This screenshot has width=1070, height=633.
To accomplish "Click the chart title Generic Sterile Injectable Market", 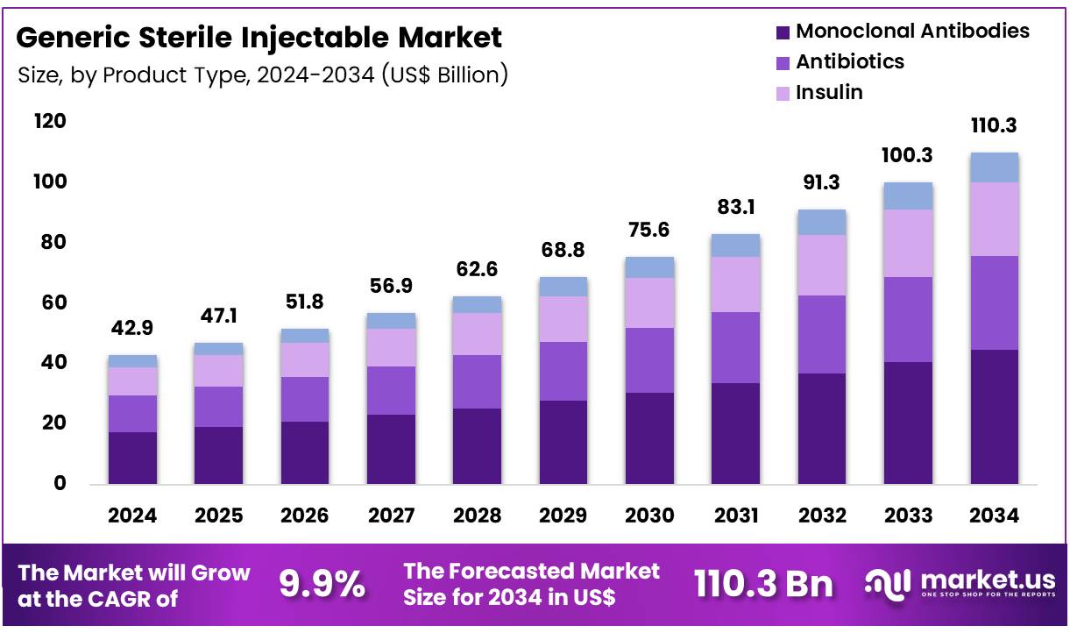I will [259, 38].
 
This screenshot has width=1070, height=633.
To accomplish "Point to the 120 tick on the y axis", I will [50, 121].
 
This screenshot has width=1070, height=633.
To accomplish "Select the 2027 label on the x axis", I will [391, 516].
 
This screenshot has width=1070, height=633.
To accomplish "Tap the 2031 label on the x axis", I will [736, 516].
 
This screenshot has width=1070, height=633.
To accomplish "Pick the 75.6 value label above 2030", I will [649, 229].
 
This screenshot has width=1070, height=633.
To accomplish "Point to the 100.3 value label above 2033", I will [908, 155].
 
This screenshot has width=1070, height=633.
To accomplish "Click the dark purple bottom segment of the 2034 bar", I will [994, 416].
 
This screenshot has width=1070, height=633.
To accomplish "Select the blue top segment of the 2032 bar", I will [822, 223].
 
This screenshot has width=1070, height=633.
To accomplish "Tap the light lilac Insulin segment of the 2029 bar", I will [563, 319].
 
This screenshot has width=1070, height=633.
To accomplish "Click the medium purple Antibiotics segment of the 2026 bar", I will [305, 399].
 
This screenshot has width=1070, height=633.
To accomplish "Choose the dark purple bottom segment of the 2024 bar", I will [133, 458].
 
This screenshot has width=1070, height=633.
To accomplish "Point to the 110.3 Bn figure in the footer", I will [763, 584].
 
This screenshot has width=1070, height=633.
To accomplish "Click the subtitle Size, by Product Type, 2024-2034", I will [263, 75].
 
